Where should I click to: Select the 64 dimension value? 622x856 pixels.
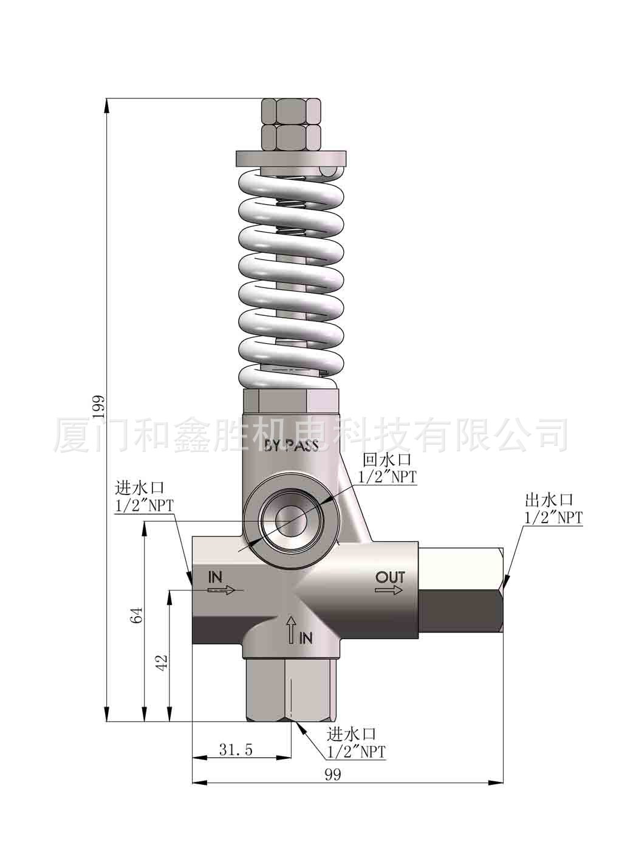(x=137, y=615)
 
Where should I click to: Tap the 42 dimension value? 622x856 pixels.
(x=161, y=662)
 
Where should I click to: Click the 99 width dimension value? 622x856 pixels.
(x=332, y=775)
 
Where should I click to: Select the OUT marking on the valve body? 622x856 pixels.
(x=389, y=577)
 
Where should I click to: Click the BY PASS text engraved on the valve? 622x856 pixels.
(x=291, y=445)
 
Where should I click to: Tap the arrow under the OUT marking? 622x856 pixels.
(x=389, y=590)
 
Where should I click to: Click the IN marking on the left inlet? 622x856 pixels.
(x=216, y=576)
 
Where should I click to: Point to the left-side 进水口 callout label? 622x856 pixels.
(x=140, y=488)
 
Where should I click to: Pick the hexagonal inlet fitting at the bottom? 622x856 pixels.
(x=291, y=689)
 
